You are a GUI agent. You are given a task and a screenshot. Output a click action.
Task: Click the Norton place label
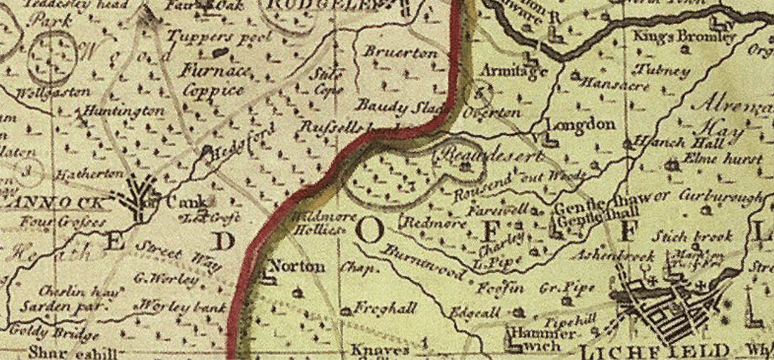(x=297, y=266)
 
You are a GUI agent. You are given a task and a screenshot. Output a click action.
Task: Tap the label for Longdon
(x=580, y=125)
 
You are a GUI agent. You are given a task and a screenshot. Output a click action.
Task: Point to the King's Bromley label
(x=684, y=37)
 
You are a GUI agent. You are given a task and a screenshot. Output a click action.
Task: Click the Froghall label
(x=385, y=309)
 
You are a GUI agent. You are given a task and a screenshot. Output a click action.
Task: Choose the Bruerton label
(x=400, y=53)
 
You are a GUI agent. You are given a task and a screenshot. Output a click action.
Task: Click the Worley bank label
(x=182, y=307)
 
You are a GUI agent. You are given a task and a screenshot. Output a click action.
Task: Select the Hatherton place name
(x=88, y=174)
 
